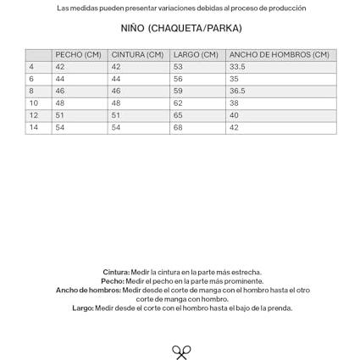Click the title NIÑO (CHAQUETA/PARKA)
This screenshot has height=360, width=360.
click(180, 29)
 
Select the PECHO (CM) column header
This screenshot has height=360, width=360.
click(78, 55)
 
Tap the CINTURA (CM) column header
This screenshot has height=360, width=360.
click(137, 55)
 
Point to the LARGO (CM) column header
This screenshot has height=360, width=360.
click(196, 55)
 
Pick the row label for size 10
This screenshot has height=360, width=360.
click(34, 103)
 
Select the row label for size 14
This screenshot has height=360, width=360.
click(34, 128)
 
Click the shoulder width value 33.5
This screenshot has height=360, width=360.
click(237, 67)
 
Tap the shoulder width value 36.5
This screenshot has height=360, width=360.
click(237, 91)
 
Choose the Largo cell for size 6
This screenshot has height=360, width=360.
click(178, 79)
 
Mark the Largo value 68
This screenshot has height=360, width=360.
click(178, 128)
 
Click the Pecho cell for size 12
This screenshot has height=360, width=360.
click(60, 116)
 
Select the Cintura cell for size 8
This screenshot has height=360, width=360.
click(116, 91)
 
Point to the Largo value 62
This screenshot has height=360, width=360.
click(178, 103)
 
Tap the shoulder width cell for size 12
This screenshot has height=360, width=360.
click(234, 116)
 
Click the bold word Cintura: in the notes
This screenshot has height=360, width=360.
click(116, 273)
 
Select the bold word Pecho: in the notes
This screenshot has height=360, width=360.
click(113, 281)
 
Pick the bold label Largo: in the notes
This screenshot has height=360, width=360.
click(83, 308)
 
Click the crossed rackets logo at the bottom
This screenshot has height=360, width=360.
click(181, 352)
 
